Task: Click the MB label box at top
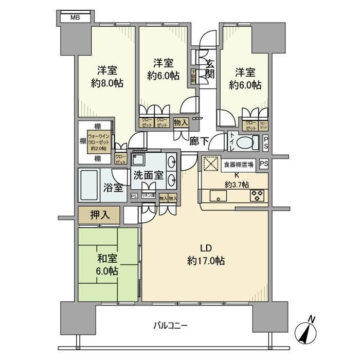75,18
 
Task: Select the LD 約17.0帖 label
205,255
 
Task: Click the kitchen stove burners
257,195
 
